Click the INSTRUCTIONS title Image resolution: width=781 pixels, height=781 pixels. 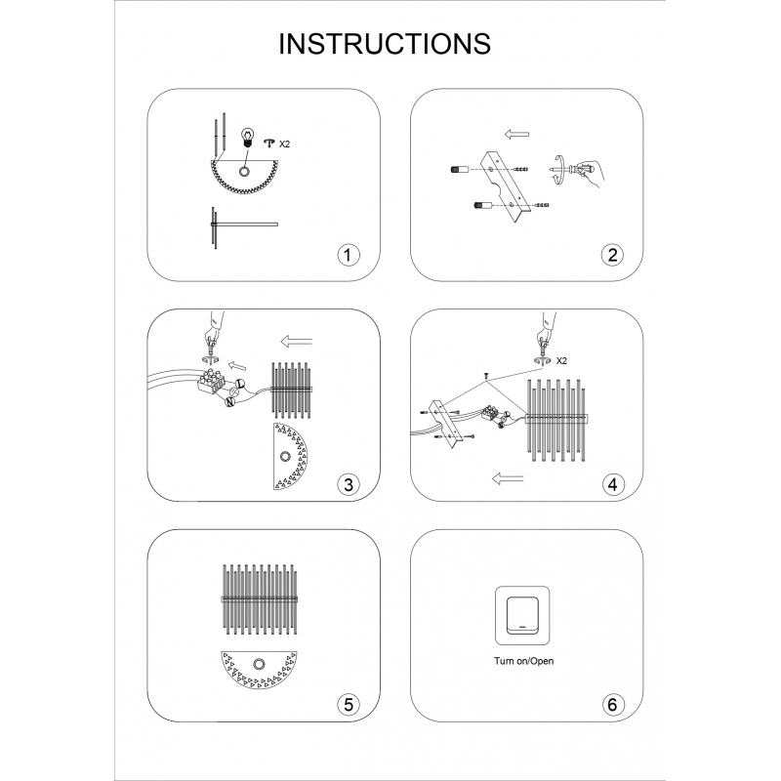coord(384,44)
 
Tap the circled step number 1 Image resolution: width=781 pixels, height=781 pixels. coord(349,255)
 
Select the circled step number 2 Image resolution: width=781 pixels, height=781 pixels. coord(613,255)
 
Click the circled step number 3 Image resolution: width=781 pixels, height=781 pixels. coord(349,484)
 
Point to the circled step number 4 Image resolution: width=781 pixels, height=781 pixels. coord(613,484)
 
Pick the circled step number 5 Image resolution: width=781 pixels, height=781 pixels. coord(349,704)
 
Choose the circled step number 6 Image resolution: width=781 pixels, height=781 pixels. coord(613,704)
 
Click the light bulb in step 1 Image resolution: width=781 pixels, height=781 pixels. coord(247,137)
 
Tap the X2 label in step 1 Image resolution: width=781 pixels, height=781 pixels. coord(284,144)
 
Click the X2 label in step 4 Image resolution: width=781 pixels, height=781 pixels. coord(561,360)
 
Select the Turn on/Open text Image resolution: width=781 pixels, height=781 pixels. coord(523,661)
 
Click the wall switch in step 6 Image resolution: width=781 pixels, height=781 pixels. coord(522,616)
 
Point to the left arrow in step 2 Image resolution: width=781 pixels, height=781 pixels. coord(516,134)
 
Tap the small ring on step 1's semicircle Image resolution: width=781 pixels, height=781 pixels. coord(244,172)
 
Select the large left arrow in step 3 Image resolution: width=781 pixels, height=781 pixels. coord(297,342)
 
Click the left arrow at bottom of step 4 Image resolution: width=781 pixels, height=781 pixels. coord(508,478)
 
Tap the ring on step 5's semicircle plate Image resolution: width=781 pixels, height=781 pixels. coord(259,664)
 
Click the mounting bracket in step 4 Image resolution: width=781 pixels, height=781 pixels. coord(447,423)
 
